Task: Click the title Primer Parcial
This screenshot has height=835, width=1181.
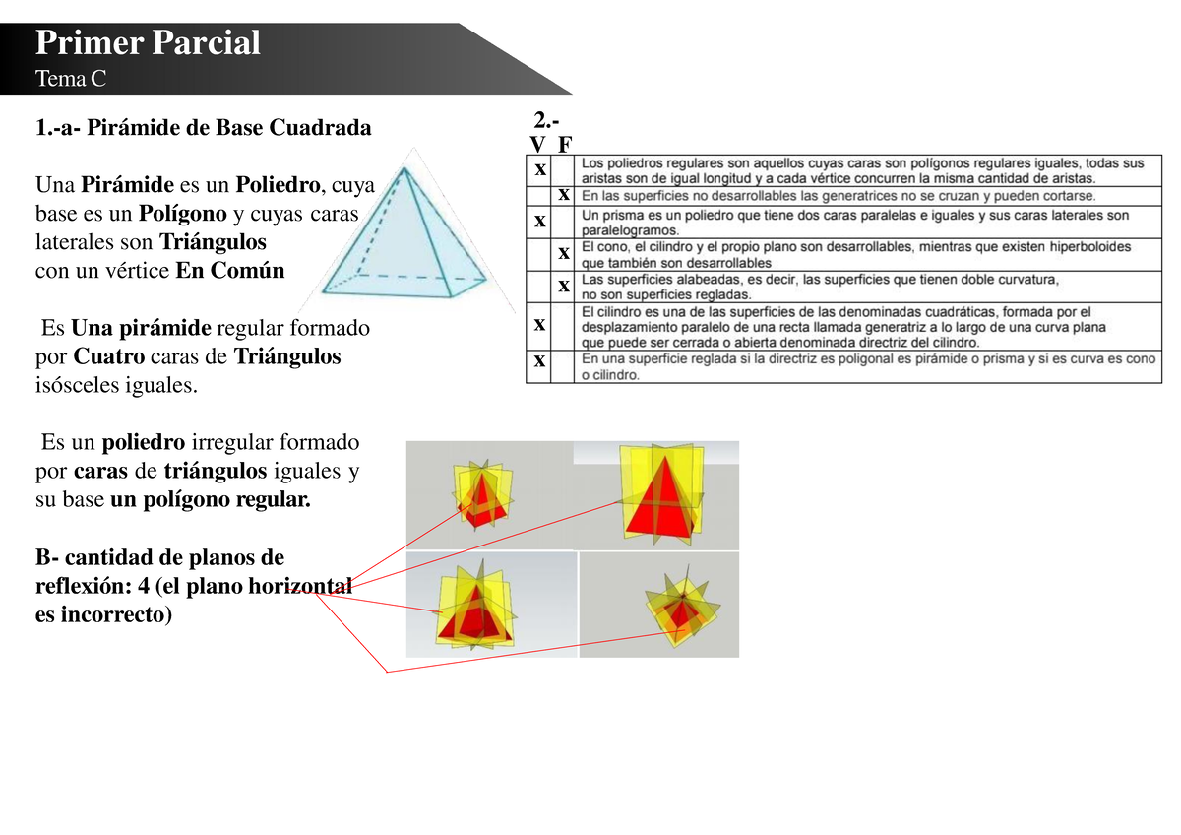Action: coord(148,42)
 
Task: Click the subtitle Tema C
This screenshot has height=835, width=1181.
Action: coord(71,79)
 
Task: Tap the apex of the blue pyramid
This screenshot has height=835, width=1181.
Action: coord(404,168)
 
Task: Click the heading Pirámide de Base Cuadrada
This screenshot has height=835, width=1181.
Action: coord(228,127)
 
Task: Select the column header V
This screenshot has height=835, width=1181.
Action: coord(537,144)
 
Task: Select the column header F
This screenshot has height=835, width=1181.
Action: coord(565,144)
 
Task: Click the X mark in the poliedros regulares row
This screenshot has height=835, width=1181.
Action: coord(540,169)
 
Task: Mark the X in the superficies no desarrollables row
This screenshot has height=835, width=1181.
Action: coord(564,195)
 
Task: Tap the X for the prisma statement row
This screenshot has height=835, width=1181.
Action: coord(540,221)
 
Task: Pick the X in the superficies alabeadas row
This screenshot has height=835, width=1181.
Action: coord(564,287)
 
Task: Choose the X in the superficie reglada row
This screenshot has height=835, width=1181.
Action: coord(539,361)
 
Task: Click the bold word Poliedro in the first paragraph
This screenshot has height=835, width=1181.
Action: coord(278,184)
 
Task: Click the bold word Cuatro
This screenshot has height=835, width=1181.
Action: coord(108,356)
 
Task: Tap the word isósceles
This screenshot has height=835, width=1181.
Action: coord(78,385)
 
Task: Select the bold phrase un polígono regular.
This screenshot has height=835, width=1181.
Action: coord(211,499)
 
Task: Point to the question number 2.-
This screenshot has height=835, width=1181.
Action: coord(546,121)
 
